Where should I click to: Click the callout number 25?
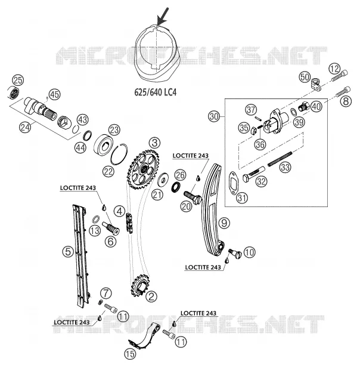18,81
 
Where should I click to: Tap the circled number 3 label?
154,143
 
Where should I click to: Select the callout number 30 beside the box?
214,116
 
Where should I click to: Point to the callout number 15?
130,354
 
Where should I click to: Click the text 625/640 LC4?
155,92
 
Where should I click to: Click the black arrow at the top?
163,16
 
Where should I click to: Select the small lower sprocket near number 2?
140,284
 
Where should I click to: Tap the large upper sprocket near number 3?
143,169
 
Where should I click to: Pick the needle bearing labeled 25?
14,92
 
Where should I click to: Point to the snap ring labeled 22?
119,154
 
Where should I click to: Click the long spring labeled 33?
280,159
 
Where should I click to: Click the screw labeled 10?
235,254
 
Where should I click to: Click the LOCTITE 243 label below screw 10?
203,267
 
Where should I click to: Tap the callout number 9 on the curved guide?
224,223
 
